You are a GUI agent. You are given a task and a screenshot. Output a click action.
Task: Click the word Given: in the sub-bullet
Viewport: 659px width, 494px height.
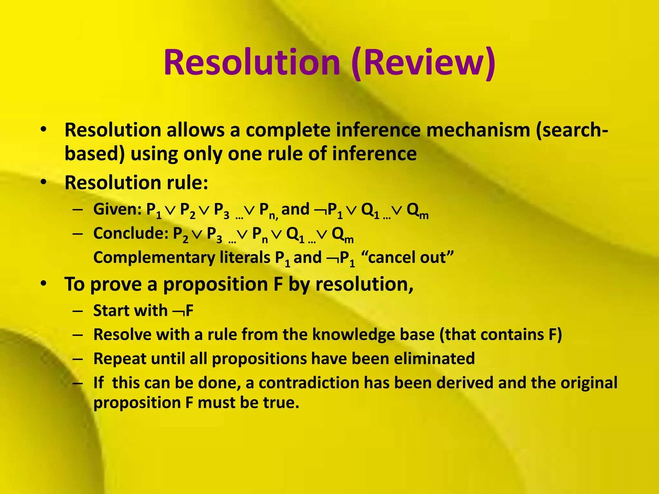click(117, 209)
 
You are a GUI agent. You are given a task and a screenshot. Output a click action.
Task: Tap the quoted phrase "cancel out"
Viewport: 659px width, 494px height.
click(407, 258)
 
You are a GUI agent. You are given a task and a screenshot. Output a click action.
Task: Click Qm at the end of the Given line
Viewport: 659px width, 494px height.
click(417, 211)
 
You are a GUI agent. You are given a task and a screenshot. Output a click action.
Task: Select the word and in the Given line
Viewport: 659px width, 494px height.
click(295, 209)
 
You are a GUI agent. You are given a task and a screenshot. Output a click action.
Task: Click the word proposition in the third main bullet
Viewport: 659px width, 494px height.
click(216, 285)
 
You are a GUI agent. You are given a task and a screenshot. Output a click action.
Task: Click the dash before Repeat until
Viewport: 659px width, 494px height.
click(78, 359)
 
